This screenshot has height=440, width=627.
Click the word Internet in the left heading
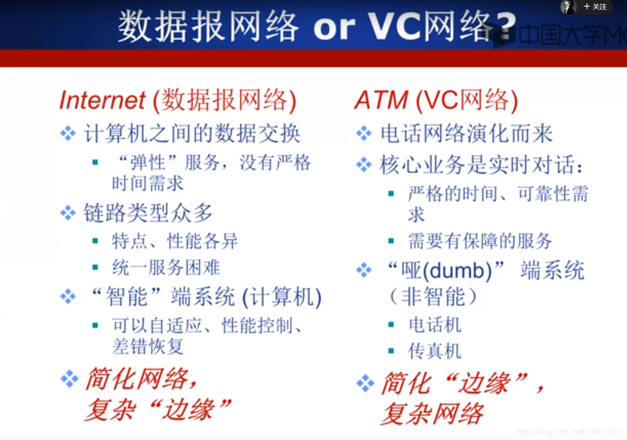click(102, 100)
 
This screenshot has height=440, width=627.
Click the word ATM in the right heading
click(381, 100)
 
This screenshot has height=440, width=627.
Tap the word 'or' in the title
click(334, 27)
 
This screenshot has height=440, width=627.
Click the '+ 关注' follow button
click(595, 7)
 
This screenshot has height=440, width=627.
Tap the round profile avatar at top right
click(568, 7)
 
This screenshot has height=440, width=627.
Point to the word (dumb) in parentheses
click(457, 271)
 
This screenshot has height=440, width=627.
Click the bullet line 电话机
click(435, 325)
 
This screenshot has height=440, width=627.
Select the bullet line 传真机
click(435, 351)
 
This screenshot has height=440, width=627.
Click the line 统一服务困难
click(166, 268)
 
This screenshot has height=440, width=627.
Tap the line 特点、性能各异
click(175, 241)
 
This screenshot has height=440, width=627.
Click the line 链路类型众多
click(148, 213)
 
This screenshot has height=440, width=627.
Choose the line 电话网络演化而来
click(466, 134)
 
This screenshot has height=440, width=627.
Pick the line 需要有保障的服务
click(480, 241)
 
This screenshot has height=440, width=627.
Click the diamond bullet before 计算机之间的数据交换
click(68, 133)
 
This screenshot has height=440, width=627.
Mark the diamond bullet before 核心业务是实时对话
click(364, 165)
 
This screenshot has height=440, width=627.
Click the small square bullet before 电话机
click(391, 325)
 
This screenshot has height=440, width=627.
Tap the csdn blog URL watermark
click(570, 432)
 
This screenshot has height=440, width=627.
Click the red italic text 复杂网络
click(432, 414)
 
